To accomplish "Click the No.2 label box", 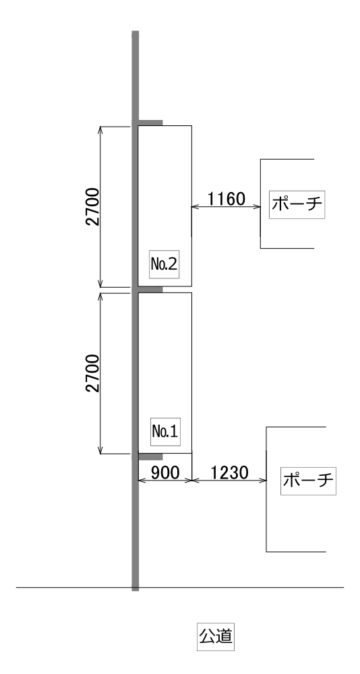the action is [x=164, y=264].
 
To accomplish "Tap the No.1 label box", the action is [x=165, y=431].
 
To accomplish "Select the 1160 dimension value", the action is [x=227, y=199].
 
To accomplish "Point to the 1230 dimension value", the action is [x=229, y=473].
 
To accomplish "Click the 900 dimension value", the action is [x=165, y=473].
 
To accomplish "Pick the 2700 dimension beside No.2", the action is [x=93, y=207].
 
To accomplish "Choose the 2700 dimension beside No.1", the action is [x=93, y=373].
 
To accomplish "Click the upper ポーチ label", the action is [x=297, y=204].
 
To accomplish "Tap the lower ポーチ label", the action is [x=308, y=481].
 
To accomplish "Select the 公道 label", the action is [x=216, y=636].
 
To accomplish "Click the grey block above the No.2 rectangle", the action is [x=150, y=123].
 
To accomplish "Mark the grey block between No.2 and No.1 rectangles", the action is [x=150, y=289].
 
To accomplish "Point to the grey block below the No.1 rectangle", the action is [x=150, y=456].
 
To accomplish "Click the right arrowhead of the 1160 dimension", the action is [x=258, y=207].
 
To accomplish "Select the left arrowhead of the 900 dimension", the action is [x=141, y=481].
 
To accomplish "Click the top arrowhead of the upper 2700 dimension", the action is [x=100, y=129].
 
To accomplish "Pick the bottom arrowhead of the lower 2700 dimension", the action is [x=100, y=450].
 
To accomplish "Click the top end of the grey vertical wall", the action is [x=135, y=32].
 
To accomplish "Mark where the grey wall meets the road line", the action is [x=135, y=587].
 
